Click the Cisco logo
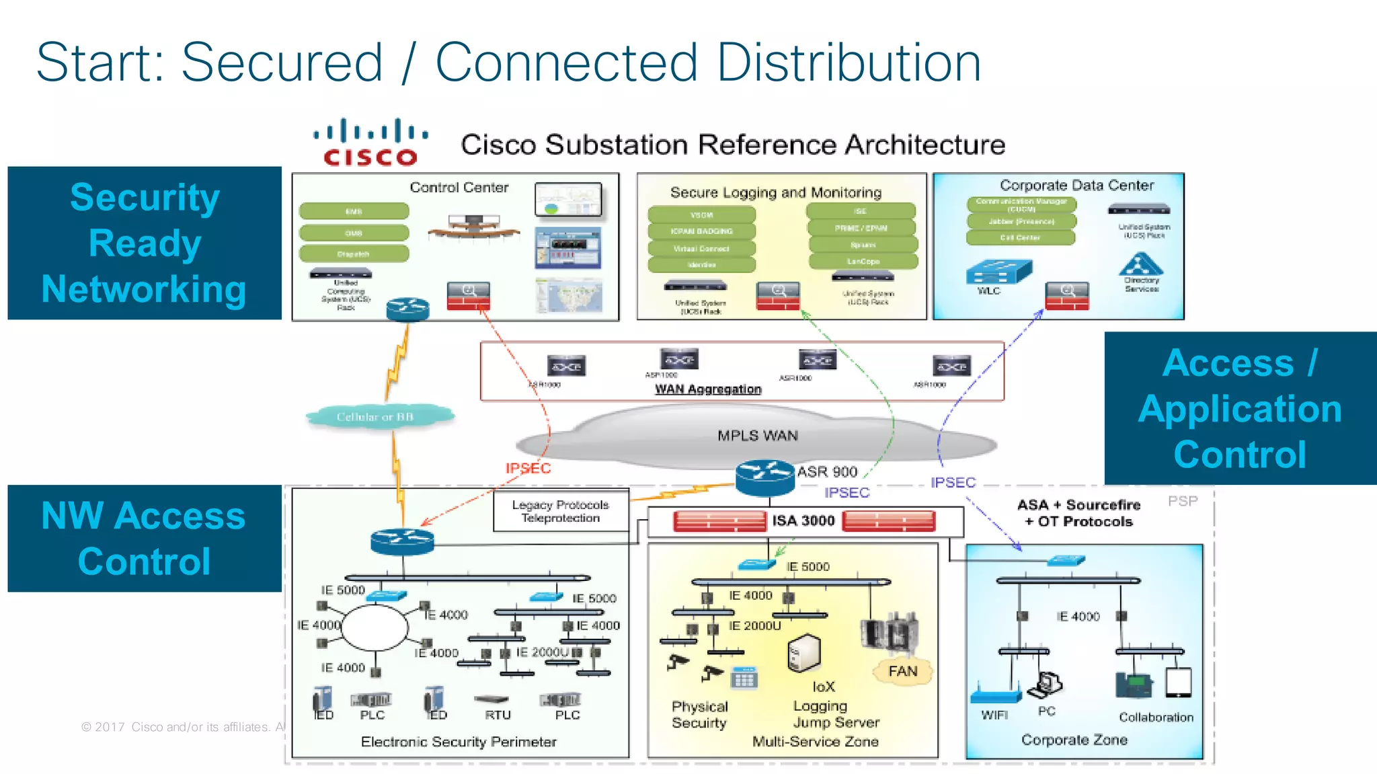[x=370, y=143]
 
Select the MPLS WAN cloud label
[x=757, y=436]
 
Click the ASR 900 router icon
[x=764, y=477]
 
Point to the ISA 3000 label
[x=803, y=520]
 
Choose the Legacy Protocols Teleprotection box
[x=561, y=512]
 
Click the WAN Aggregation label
[x=708, y=389]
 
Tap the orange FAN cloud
[x=902, y=671]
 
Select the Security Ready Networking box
[x=145, y=243]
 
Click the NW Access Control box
[x=145, y=538]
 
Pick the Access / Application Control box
[x=1240, y=408]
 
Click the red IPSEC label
[x=528, y=468]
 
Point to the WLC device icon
[x=998, y=272]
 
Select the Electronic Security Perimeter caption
[x=459, y=742]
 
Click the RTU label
[x=498, y=715]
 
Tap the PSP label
[x=1182, y=501]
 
